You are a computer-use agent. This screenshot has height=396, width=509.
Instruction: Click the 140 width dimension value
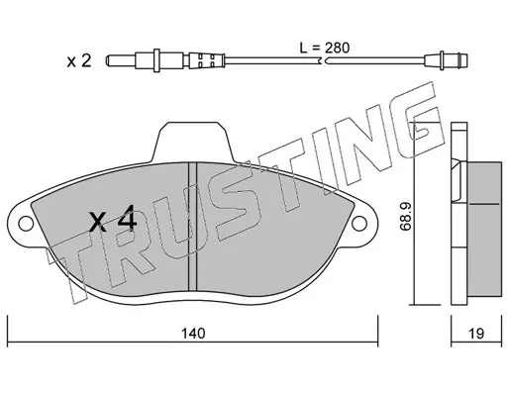tap(193, 333)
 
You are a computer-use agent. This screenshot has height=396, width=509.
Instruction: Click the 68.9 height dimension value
tap(405, 216)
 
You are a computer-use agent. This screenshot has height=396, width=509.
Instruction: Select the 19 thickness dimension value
tap(475, 334)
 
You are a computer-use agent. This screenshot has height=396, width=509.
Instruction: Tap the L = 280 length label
tap(325, 48)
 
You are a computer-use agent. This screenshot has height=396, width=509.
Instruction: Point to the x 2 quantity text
tap(79, 61)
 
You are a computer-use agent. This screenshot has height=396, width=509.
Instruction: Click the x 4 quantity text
tap(113, 218)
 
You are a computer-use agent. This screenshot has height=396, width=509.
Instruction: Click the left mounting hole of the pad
tap(26, 224)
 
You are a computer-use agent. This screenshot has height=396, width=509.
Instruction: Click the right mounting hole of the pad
tap(359, 224)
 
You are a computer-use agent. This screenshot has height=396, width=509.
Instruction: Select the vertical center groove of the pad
tap(192, 227)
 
